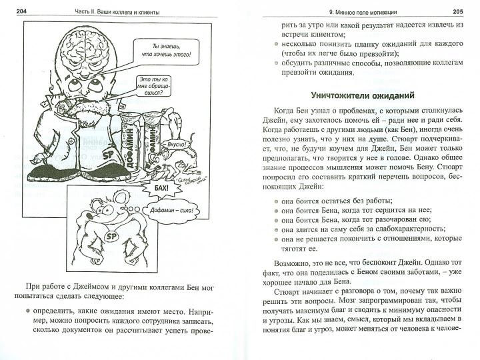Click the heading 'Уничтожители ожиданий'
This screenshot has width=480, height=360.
click(x=359, y=95)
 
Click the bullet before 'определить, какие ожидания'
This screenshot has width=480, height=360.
click(x=27, y=310)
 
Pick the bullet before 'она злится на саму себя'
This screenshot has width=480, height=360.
click(x=276, y=227)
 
